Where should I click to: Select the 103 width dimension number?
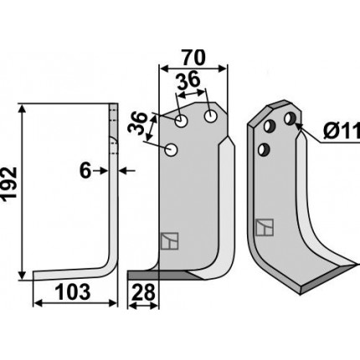[73, 292]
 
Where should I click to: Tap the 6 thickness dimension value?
[85, 171]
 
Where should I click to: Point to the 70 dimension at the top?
[193, 58]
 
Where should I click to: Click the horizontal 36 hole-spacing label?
[189, 80]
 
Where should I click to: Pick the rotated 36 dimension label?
[137, 123]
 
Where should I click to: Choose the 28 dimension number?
[143, 293]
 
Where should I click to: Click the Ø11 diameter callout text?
[342, 131]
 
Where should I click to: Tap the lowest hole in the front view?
[171, 150]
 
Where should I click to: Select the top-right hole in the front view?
[211, 116]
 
